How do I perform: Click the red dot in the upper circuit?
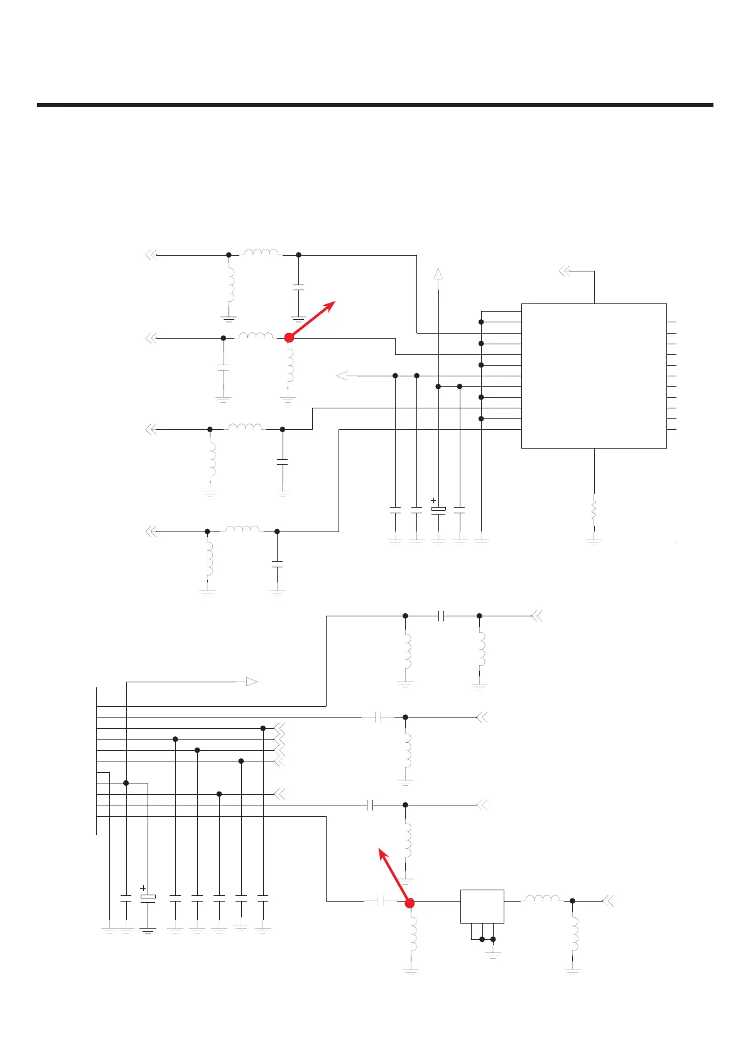pos(289,338)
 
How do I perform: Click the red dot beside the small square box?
pos(409,903)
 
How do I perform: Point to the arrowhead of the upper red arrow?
pos(335,303)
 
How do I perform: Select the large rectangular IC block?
pos(594,376)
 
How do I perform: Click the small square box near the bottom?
pos(482,906)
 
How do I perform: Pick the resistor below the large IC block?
pos(594,511)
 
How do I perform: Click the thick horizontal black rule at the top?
pos(375,105)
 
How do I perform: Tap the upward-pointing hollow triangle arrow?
pos(438,274)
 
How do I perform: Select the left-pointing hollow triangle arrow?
pos(342,376)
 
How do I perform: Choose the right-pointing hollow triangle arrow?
pos(251,682)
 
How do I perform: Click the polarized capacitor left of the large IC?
pos(438,508)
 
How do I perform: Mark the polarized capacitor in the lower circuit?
pos(148,897)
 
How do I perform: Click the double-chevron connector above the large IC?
pos(564,271)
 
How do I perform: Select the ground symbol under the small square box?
pos(493,954)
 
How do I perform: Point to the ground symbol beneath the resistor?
pos(594,540)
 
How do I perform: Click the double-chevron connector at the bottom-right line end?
pos(607,901)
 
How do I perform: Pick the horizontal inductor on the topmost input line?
pos(261,253)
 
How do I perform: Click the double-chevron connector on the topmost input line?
pos(150,255)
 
